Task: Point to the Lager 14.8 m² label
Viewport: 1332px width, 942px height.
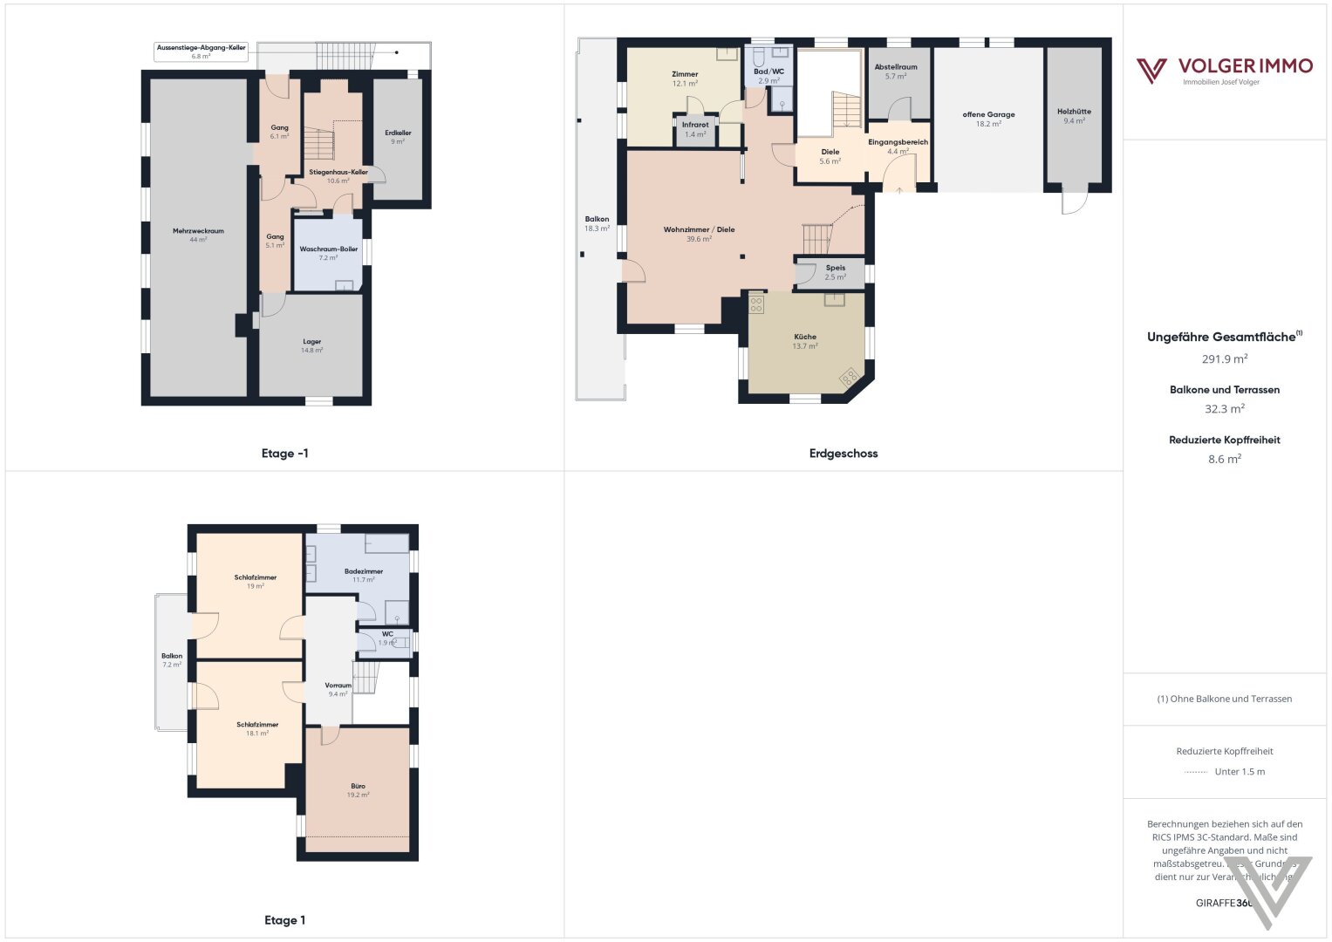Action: [x=311, y=345]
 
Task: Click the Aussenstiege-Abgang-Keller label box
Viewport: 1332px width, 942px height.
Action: [x=201, y=51]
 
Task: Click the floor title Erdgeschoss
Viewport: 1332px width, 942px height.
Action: [x=843, y=454]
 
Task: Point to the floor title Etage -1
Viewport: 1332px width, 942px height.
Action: [x=284, y=454]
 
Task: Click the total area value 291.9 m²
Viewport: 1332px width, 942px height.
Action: [x=1224, y=358]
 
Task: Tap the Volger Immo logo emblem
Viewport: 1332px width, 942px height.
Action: [x=1151, y=71]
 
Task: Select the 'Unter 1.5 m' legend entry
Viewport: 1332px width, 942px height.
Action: [x=1239, y=771]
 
